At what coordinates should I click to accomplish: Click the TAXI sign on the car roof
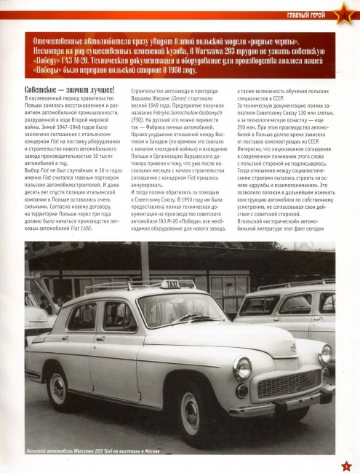tap(170, 285)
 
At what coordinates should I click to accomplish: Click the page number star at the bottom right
tap(345, 464)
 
